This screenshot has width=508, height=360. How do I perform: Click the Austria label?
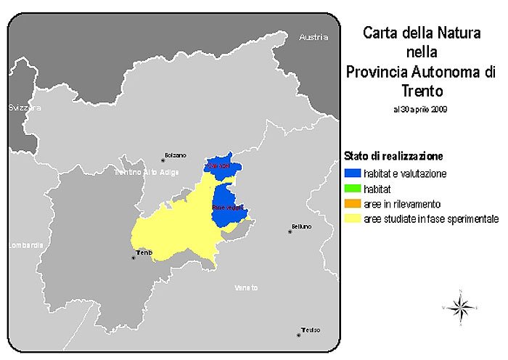[314, 37]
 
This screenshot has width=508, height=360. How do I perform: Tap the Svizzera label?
[25, 107]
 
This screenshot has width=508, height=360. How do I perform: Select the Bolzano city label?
[176, 155]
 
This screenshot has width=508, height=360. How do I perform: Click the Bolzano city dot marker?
[163, 160]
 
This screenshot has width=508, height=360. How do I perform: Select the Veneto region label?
[246, 288]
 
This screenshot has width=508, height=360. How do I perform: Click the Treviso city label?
[311, 330]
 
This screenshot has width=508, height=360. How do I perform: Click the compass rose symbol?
[460, 308]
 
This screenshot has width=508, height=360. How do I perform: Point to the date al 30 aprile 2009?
[419, 110]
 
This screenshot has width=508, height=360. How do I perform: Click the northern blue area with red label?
[220, 165]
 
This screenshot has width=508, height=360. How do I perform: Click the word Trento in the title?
[420, 91]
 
